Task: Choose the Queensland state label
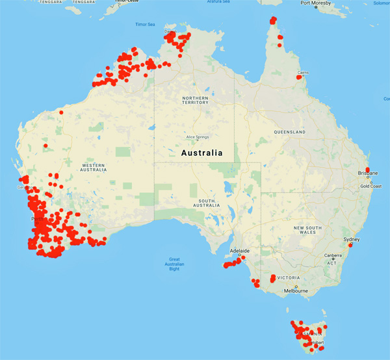(x=289, y=132)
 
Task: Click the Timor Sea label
(x=145, y=25)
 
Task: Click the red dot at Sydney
(x=350, y=245)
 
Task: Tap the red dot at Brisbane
(x=368, y=170)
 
